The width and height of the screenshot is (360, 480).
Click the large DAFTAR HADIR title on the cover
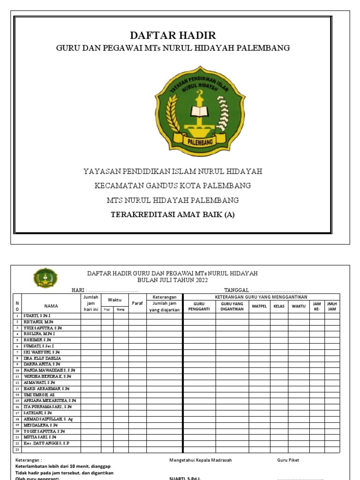173,36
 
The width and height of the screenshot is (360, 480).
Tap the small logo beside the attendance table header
45,278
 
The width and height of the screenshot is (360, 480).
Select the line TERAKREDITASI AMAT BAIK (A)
172,215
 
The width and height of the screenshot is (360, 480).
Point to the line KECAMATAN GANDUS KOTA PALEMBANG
172,186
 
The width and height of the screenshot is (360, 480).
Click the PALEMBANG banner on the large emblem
193,140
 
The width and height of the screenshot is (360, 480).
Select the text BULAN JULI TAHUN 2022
172,280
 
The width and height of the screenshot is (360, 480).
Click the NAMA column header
51,306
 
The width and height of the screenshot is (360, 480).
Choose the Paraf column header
137,303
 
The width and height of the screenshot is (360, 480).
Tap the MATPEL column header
259,306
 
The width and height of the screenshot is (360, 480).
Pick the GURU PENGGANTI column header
199,306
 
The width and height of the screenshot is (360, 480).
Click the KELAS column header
279,306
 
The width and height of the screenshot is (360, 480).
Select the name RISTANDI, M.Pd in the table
40,322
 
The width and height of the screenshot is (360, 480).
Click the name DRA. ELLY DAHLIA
43,358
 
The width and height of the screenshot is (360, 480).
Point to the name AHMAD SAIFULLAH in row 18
48,419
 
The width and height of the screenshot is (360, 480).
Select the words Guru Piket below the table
288,460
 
